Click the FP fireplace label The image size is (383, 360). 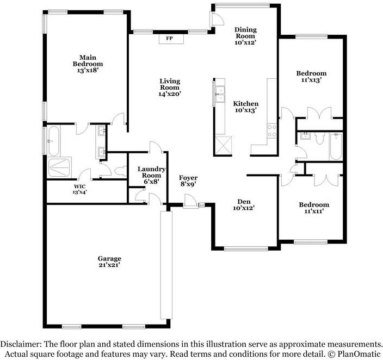[x=169, y=39]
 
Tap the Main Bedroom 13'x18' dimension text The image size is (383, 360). [x=88, y=71]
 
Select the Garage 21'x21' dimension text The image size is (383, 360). [x=109, y=265]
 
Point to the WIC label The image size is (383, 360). [x=79, y=187]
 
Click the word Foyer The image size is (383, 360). [x=188, y=178]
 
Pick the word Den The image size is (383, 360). [x=244, y=202]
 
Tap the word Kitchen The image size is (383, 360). [x=245, y=103]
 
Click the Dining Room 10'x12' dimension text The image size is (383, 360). [x=245, y=42]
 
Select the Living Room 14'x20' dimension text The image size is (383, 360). [x=170, y=94]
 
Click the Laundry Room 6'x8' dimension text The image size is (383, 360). [x=151, y=182]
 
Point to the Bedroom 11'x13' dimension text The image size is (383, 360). [x=311, y=79]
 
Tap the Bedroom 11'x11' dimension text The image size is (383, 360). [x=314, y=211]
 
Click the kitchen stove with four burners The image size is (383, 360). [x=271, y=131]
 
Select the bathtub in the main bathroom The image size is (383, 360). [x=54, y=141]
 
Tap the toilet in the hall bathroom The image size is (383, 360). [x=319, y=138]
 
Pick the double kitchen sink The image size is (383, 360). [x=220, y=94]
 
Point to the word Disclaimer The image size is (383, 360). [x=21, y=344]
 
